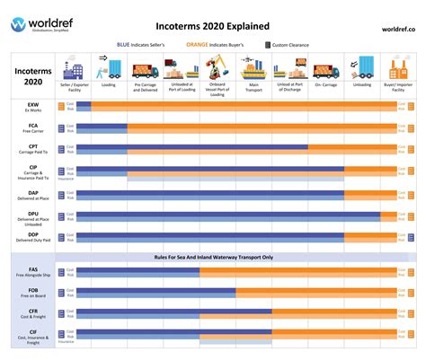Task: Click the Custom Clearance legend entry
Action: (x=288, y=44)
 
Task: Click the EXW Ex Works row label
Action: (x=33, y=108)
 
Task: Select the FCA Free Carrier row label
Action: (x=33, y=129)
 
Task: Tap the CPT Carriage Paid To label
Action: (x=33, y=151)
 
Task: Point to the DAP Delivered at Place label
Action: (x=33, y=195)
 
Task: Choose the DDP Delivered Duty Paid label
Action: (x=33, y=237)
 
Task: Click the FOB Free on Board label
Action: (x=33, y=294)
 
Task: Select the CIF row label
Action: (x=33, y=337)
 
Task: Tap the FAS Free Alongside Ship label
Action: (x=33, y=272)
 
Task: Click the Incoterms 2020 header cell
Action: (x=33, y=75)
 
